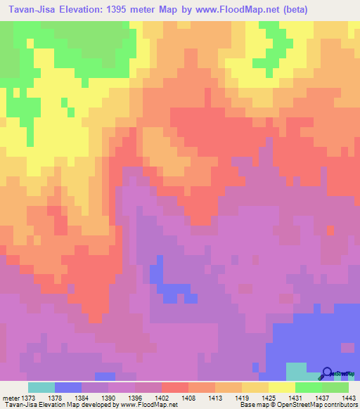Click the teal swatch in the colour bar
coord(41,387)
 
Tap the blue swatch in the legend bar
coord(68,387)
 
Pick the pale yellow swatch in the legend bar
coord(281,387)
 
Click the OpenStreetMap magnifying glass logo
coord(328,373)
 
